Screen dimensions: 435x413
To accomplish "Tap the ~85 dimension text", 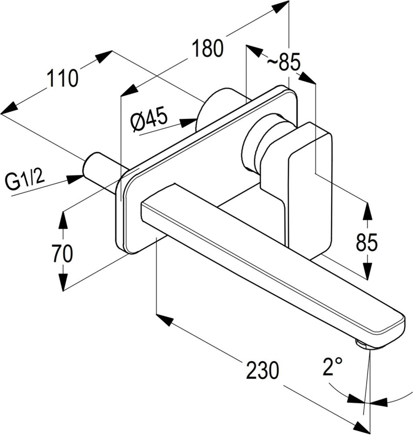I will (x=283, y=63).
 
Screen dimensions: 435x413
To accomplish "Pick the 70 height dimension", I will (x=62, y=254).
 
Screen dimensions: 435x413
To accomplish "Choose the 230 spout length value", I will (x=262, y=370).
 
